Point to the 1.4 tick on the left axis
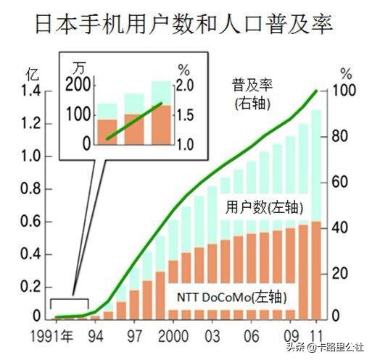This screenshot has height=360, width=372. point(33,91)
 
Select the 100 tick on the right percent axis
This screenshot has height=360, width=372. point(345,91)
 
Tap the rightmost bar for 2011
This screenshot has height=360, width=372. point(316,217)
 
